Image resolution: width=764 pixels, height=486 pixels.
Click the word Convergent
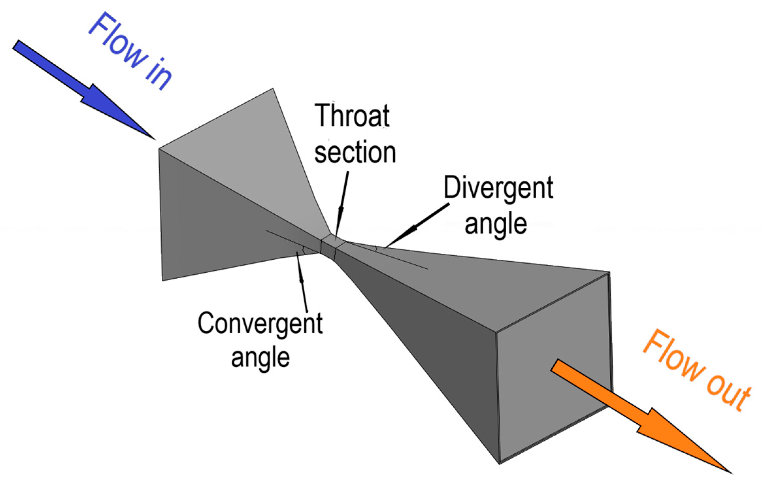[x=260, y=323]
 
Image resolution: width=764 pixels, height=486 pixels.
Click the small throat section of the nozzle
[x=329, y=247]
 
